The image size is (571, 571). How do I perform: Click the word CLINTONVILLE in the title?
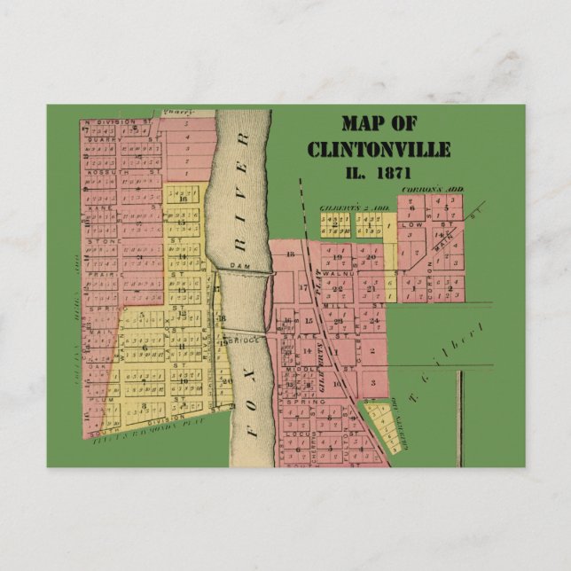pos(379,149)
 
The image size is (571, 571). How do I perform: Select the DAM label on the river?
pos(236,265)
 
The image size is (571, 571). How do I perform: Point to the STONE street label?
pos(104,240)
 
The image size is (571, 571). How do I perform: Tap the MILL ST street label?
pos(337,304)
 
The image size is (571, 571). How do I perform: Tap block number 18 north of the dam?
pos(290,254)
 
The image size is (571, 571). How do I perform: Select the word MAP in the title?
pos(366,124)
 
